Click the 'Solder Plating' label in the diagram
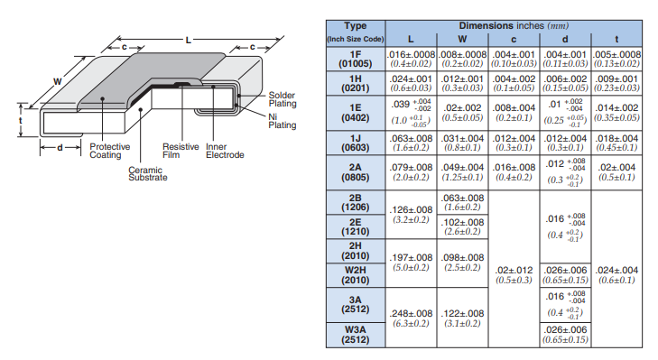click(282, 98)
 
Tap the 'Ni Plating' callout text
click(282, 120)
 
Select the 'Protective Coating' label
click(111, 151)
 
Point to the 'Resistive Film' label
click(181, 151)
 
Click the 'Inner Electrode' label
click(225, 151)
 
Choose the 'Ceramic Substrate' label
click(147, 173)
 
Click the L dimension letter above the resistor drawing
click(188, 40)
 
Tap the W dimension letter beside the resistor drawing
click(57, 81)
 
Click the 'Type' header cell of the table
click(356, 25)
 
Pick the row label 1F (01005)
click(356, 60)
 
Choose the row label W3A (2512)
click(356, 334)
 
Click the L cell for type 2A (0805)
click(411, 172)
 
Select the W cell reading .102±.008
click(463, 226)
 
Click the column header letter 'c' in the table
click(514, 39)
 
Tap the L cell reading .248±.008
click(411, 318)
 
